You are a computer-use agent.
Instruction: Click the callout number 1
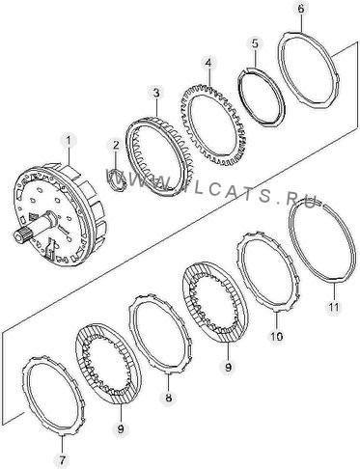69,141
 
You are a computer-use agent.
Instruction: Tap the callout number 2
116,145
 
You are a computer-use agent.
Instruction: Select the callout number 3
156,94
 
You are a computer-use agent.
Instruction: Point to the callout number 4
208,63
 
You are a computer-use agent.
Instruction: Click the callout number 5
255,43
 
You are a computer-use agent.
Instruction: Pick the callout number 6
300,9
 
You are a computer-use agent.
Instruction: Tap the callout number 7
63,460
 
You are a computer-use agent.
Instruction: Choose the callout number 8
168,398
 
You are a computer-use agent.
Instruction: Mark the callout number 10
277,337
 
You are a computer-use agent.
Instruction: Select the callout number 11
333,308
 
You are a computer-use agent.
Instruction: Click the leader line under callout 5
256,60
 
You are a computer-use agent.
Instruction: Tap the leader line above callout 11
334,290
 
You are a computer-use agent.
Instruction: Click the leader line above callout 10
277,319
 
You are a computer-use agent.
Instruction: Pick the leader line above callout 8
168,382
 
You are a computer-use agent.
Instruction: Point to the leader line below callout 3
156,108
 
